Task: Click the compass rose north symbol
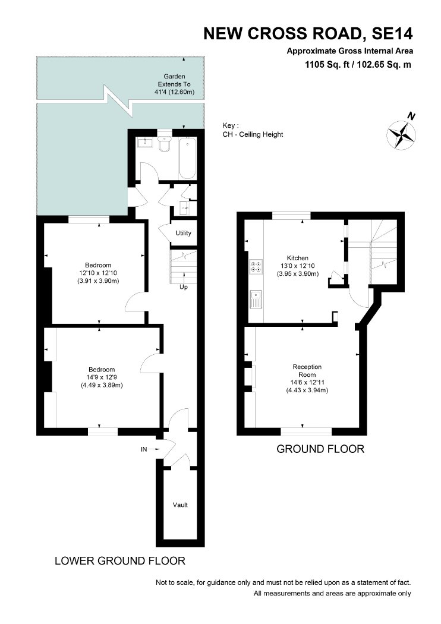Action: click(402, 135)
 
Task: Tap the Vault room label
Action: click(180, 505)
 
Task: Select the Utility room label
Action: click(183, 233)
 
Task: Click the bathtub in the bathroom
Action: click(187, 159)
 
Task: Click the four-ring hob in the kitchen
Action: click(256, 266)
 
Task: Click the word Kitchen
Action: click(298, 258)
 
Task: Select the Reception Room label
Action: click(307, 370)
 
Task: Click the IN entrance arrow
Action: click(150, 449)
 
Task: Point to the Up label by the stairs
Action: click(184, 287)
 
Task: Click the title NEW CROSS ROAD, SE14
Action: click(308, 34)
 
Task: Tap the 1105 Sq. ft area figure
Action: click(326, 64)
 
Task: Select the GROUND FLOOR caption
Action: click(320, 449)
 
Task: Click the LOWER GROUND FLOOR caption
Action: click(120, 561)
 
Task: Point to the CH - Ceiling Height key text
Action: click(253, 134)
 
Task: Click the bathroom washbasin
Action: click(144, 142)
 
